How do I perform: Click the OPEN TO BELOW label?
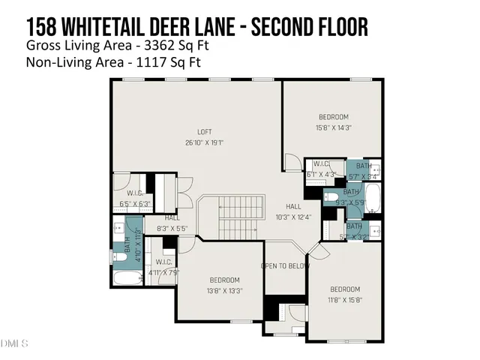pyautogui.click(x=286, y=265)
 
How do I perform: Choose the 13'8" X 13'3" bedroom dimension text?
pyautogui.click(x=224, y=290)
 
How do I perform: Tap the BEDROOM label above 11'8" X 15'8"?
pyautogui.click(x=345, y=289)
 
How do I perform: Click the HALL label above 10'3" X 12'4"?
pyautogui.click(x=293, y=206)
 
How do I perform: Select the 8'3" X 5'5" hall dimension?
pyautogui.click(x=172, y=228)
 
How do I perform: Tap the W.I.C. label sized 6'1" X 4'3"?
pyautogui.click(x=321, y=163)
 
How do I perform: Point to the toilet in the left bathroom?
pyautogui.click(x=120, y=257)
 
